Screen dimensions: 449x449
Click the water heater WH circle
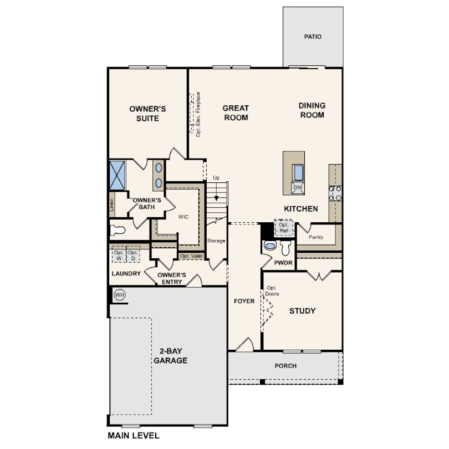tap(119, 295)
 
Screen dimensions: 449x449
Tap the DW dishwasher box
tap(298, 187)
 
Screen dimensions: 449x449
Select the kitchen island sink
tap(298, 172)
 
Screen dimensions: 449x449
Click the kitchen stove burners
tap(335, 193)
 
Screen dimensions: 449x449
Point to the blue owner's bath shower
tap(118, 175)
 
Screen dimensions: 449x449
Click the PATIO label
tap(313, 37)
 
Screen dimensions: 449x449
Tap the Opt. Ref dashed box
tap(284, 228)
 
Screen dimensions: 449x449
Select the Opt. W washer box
tap(119, 255)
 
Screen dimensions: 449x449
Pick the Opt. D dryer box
tap(133, 255)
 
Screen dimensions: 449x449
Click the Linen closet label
tap(111, 205)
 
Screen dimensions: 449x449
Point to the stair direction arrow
tap(217, 191)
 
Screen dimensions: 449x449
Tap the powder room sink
tap(270, 245)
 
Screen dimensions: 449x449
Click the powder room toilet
tap(285, 248)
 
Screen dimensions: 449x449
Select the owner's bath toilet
tap(118, 230)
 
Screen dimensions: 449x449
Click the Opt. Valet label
tap(191, 256)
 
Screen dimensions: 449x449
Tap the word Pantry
tap(316, 237)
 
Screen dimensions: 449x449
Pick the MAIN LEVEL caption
tap(134, 436)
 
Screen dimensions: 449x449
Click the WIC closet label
tap(183, 217)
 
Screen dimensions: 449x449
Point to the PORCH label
tap(285, 366)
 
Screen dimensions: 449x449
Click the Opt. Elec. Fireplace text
tap(198, 114)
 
